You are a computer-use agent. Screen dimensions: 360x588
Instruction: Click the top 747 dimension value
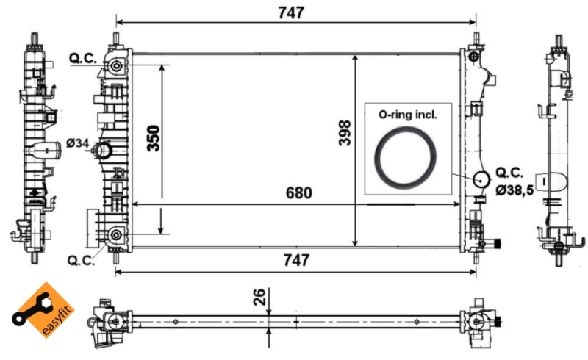click(290, 13)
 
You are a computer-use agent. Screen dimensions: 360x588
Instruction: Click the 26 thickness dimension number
click(259, 297)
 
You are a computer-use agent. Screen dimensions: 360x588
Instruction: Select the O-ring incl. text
click(407, 115)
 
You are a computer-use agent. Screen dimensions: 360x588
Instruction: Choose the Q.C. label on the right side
click(509, 173)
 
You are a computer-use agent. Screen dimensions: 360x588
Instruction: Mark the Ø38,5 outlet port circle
click(481, 179)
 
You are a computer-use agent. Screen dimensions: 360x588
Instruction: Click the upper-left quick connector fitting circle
click(117, 67)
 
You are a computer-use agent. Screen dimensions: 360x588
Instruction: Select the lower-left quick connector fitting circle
click(116, 235)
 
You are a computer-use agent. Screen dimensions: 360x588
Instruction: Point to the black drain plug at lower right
click(498, 245)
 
